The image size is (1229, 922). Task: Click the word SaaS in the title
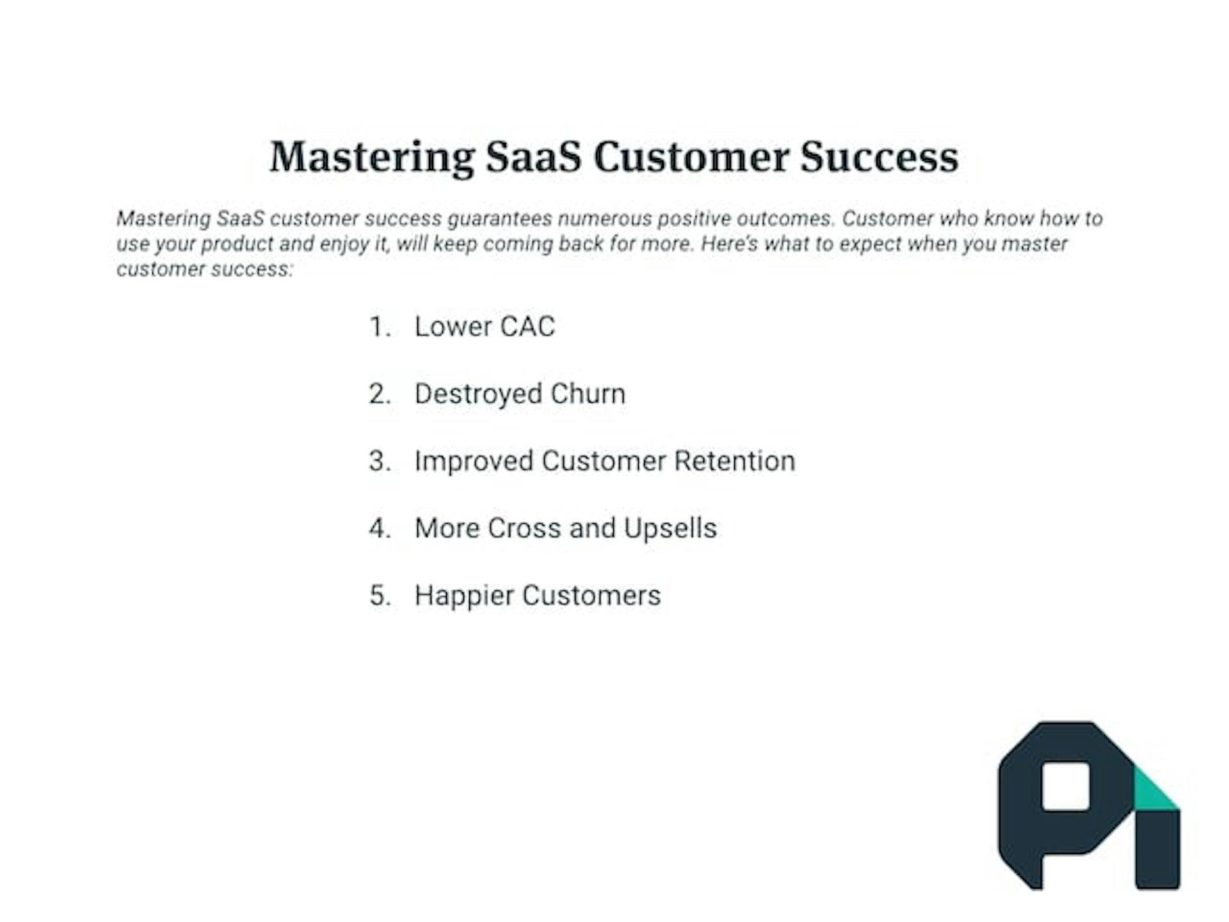[x=533, y=157]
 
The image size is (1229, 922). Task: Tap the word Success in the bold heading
[x=879, y=157]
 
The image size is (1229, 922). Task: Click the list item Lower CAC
[x=485, y=327]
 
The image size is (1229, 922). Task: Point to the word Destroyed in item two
[x=478, y=394]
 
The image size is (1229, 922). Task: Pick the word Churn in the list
[x=588, y=394]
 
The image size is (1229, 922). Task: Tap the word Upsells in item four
[x=670, y=529]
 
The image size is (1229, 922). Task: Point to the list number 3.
[x=380, y=461]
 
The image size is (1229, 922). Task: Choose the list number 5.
[x=380, y=595]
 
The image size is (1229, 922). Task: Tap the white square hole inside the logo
[x=1066, y=786]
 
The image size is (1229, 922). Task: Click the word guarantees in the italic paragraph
[x=499, y=219]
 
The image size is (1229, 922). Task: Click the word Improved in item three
[x=474, y=462]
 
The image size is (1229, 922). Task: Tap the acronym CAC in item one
[x=527, y=327]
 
